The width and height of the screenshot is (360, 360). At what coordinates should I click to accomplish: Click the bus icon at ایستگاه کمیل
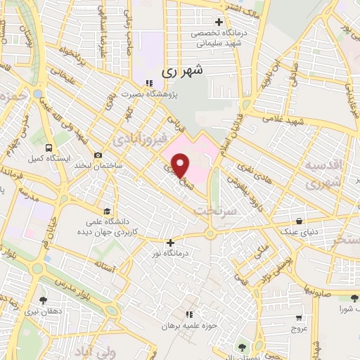49,148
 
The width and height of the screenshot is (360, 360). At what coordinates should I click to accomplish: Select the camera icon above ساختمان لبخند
97,155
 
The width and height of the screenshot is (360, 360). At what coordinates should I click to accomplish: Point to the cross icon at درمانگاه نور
170,243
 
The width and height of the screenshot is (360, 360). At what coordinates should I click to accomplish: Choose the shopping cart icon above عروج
299,318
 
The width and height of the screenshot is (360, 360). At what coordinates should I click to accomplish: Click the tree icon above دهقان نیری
44,301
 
